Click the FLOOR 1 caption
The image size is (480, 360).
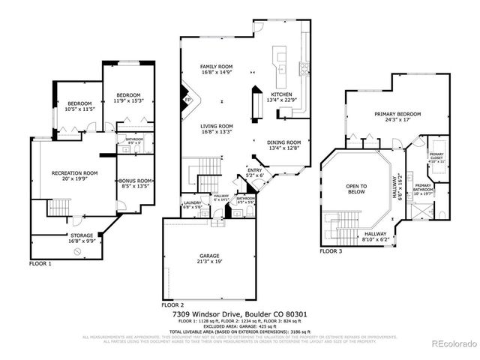tap(40, 264)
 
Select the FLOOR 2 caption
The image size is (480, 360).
tap(172, 305)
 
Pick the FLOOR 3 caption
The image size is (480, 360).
tap(331, 251)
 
